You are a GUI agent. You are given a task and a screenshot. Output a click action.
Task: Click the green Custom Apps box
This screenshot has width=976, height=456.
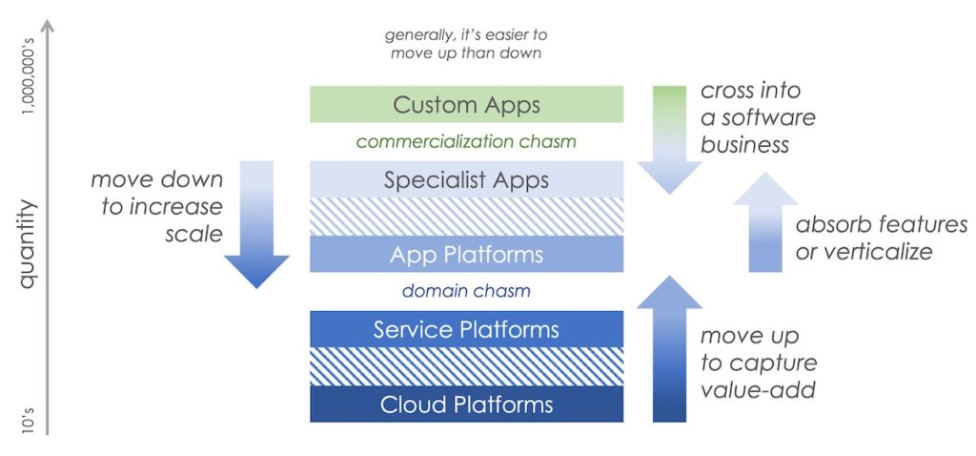coord(466,104)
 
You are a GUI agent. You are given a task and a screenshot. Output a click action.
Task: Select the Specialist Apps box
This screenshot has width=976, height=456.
coord(466,179)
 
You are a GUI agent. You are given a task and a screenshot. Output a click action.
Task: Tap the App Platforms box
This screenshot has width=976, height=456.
coord(466,255)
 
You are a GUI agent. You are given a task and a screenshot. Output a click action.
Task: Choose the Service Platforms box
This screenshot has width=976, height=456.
coord(466,330)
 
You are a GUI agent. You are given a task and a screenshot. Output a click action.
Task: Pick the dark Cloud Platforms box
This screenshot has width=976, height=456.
coord(466,404)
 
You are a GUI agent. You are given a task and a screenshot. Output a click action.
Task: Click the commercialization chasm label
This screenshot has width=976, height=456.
coord(466,142)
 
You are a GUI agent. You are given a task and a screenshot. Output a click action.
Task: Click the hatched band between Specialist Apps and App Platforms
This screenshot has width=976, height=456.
coord(466,217)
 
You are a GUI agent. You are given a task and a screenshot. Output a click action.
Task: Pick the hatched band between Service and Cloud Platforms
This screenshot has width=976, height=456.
coord(466,367)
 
